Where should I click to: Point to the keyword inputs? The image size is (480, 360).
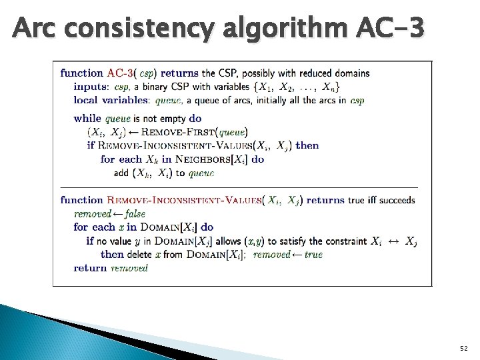tap(91, 87)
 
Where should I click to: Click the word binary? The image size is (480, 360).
tap(154, 87)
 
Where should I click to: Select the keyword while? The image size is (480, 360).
tap(87, 118)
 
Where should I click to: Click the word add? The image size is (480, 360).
tap(121, 173)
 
